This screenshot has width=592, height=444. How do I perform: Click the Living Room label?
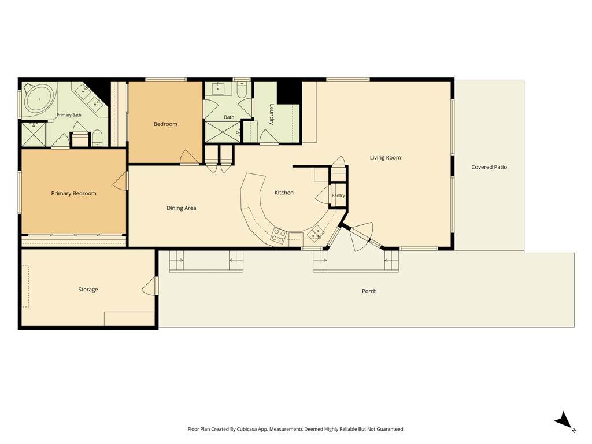click(x=385, y=157)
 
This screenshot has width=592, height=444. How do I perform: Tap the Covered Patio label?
click(x=489, y=167)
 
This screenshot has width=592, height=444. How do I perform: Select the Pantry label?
click(x=338, y=195)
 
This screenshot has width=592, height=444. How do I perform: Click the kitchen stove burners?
click(x=278, y=235)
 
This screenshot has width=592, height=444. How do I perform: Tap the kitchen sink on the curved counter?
click(x=315, y=232)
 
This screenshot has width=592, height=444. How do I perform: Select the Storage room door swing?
click(x=149, y=286)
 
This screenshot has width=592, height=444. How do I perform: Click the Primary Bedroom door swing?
click(x=121, y=181)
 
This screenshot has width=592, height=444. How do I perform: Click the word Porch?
click(x=369, y=291)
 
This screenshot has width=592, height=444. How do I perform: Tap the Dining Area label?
click(x=181, y=208)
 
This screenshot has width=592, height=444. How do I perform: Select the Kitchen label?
click(x=284, y=193)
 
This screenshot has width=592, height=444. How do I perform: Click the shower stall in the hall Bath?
click(x=223, y=132)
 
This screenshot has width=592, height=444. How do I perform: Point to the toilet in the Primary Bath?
click(x=97, y=138)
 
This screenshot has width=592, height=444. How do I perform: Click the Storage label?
click(x=88, y=290)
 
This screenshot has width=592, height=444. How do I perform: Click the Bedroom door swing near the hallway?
click(x=190, y=157)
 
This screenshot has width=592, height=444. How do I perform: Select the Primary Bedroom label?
click(x=73, y=193)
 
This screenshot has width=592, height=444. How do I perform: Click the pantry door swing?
click(x=323, y=194)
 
